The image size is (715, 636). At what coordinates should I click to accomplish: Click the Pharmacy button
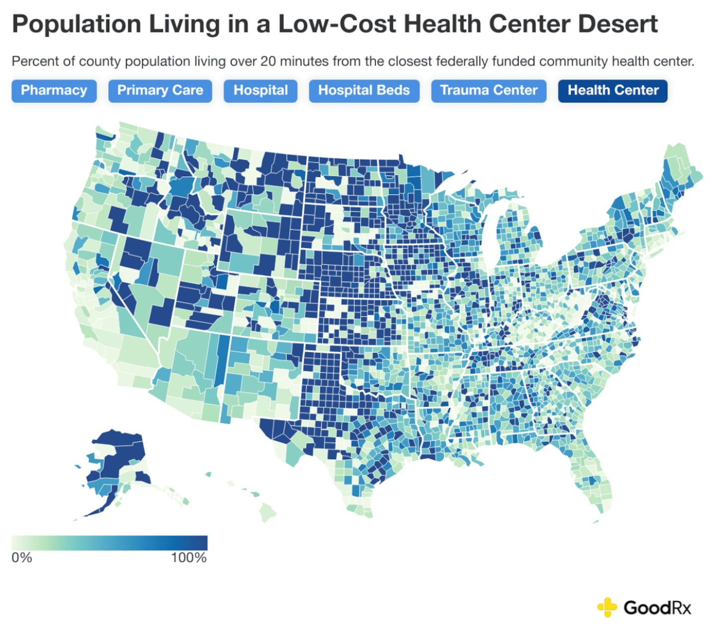(54, 90)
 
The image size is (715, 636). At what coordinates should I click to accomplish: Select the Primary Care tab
(160, 90)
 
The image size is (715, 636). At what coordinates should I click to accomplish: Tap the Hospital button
(260, 90)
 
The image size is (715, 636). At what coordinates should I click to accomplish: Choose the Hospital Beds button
(363, 90)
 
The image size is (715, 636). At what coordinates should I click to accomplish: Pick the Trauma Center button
(489, 90)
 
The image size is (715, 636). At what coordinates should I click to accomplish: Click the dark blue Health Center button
(613, 90)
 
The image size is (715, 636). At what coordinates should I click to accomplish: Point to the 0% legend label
(22, 557)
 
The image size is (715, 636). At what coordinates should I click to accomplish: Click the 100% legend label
(189, 557)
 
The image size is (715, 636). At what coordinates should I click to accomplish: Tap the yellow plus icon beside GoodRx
(607, 607)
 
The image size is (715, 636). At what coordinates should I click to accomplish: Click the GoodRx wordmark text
(657, 607)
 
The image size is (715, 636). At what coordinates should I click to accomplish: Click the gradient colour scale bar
(109, 543)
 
